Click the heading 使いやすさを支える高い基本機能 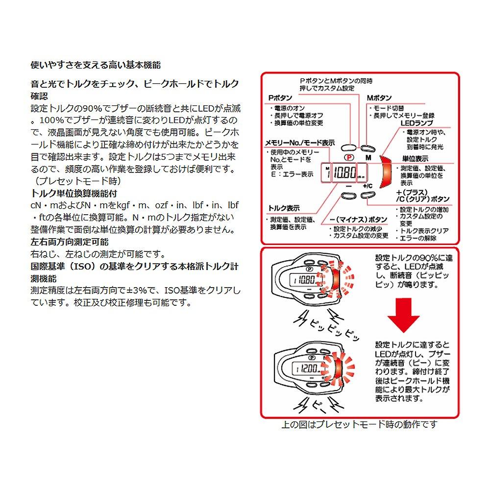point(96,65)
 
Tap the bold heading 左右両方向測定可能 point(70,242)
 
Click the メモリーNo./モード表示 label point(300,143)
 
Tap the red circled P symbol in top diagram point(348,157)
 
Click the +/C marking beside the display point(368,187)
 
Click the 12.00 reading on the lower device point(310,368)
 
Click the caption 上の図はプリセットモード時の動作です point(359,424)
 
